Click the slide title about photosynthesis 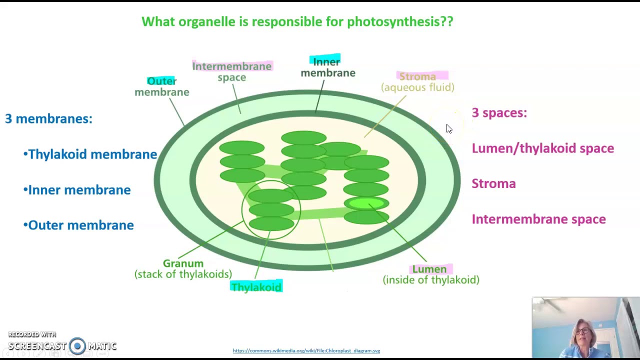coord(297,21)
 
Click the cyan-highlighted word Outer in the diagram coord(161,81)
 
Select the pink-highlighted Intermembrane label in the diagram coord(231,66)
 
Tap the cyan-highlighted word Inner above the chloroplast coord(326,61)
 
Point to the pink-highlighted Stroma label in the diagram coord(417,76)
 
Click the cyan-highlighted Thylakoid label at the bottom coord(256,287)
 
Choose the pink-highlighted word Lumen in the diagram coord(429,269)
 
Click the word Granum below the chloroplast coord(183,263)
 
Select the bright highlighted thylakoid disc coord(366,203)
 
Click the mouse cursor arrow coord(448,128)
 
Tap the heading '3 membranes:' coord(48,118)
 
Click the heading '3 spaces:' coord(499,113)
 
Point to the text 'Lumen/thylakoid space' coord(542,148)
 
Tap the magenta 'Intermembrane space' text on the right coord(538,219)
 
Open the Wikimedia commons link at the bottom coord(306,350)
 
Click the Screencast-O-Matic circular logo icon coord(77,346)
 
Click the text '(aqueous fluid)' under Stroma coord(417,87)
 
